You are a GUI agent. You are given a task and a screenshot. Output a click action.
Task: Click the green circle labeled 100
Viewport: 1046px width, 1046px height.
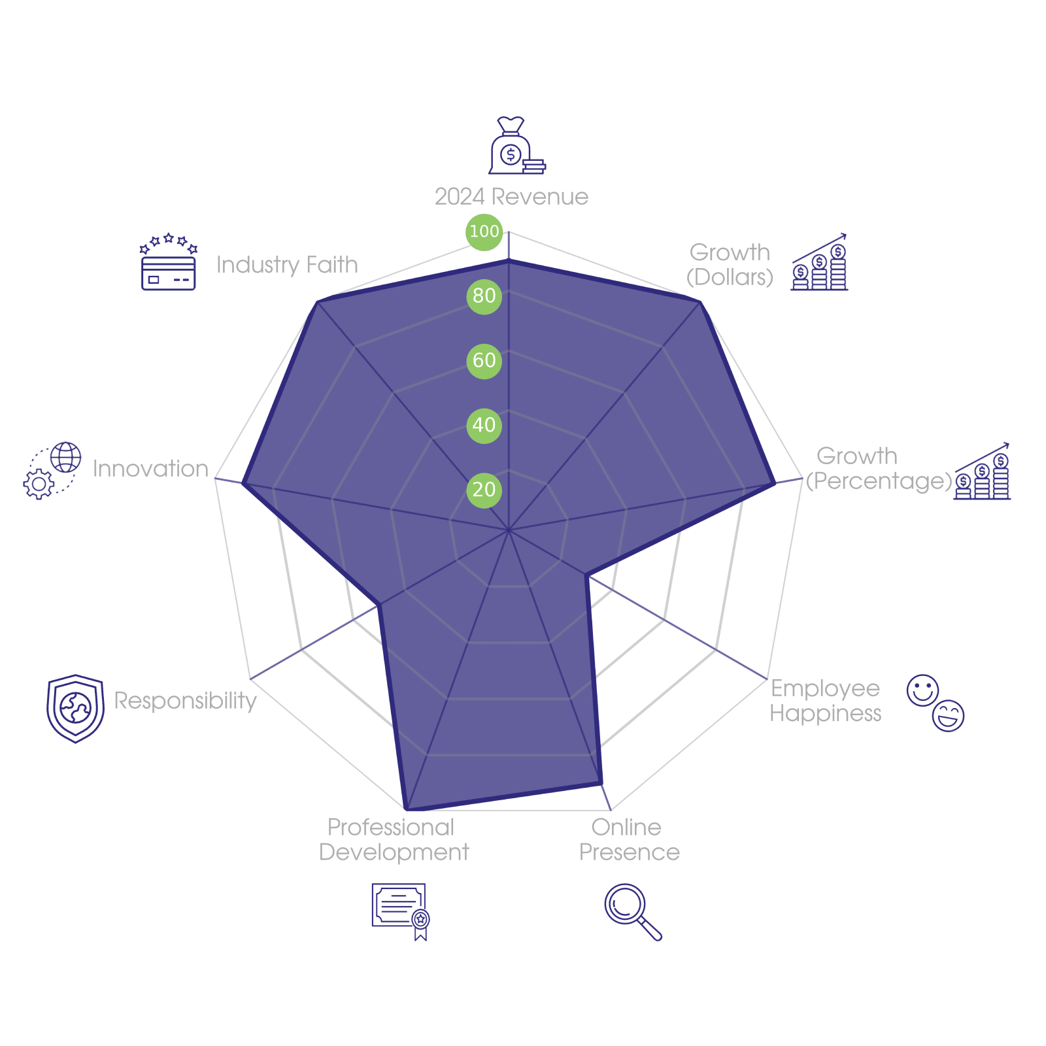484,231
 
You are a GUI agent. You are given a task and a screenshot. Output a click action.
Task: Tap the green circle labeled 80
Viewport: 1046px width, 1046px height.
484,296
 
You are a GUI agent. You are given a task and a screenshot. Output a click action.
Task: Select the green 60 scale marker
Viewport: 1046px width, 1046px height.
484,361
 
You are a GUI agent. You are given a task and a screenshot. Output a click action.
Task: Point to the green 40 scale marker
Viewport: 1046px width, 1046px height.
484,426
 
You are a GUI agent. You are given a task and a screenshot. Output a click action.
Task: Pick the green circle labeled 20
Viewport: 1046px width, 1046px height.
484,490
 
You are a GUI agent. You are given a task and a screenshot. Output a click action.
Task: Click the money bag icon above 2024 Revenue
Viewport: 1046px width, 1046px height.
517,145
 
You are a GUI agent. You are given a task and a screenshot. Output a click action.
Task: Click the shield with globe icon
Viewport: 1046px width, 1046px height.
75,709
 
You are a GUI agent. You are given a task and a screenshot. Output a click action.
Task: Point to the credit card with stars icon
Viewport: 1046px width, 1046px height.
169,261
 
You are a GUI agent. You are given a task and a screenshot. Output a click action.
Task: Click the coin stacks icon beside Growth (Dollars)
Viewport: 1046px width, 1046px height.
819,261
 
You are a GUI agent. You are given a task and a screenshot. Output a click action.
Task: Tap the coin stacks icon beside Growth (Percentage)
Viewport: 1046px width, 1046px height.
982,471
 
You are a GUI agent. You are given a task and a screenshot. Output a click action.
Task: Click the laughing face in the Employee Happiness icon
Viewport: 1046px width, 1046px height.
949,716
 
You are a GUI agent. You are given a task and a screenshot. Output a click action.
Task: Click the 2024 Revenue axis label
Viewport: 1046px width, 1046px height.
511,197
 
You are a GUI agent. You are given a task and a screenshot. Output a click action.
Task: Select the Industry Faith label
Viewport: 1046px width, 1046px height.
287,265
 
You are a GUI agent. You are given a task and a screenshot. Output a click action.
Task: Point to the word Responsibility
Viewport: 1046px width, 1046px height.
185,701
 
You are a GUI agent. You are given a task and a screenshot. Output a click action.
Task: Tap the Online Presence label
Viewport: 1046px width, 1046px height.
629,840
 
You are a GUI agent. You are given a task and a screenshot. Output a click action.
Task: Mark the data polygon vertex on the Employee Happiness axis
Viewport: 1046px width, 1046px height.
586,576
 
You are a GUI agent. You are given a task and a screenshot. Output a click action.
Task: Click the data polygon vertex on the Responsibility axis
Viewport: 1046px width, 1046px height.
379,606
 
